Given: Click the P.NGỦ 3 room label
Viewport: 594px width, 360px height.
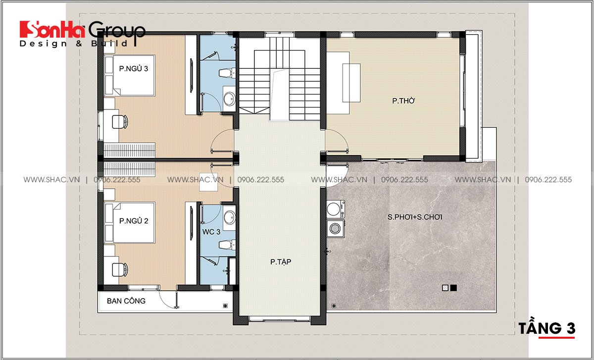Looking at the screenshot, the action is [133, 69].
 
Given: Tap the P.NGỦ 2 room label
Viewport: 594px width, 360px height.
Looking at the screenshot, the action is [134, 221].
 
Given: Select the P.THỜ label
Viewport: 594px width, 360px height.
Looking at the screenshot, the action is [403, 101].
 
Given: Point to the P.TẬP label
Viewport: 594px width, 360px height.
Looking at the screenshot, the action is [281, 262].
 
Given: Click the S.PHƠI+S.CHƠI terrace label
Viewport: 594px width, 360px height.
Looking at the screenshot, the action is [415, 217].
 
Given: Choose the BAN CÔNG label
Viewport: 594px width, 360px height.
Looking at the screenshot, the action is [126, 301].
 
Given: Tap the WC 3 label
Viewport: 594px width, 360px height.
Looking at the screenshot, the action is [211, 232].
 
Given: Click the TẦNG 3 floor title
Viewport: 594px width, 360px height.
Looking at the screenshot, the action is [547, 328].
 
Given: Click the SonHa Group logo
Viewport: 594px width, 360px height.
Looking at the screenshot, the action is [83, 34].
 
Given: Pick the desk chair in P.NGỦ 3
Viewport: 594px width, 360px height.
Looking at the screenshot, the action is [120, 122].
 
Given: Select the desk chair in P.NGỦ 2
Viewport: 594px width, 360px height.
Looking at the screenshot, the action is [120, 269].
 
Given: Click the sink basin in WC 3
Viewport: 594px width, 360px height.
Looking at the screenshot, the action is [229, 218].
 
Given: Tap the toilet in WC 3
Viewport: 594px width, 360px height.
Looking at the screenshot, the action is [227, 245].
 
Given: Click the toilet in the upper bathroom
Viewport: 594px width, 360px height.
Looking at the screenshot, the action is [227, 73].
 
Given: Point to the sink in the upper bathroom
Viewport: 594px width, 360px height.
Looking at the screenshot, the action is [229, 99].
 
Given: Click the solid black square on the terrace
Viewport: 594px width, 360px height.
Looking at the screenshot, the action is [453, 288].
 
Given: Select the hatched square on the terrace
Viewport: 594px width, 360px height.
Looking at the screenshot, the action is [445, 288].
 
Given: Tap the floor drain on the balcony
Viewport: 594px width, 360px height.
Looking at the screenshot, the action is [225, 306].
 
